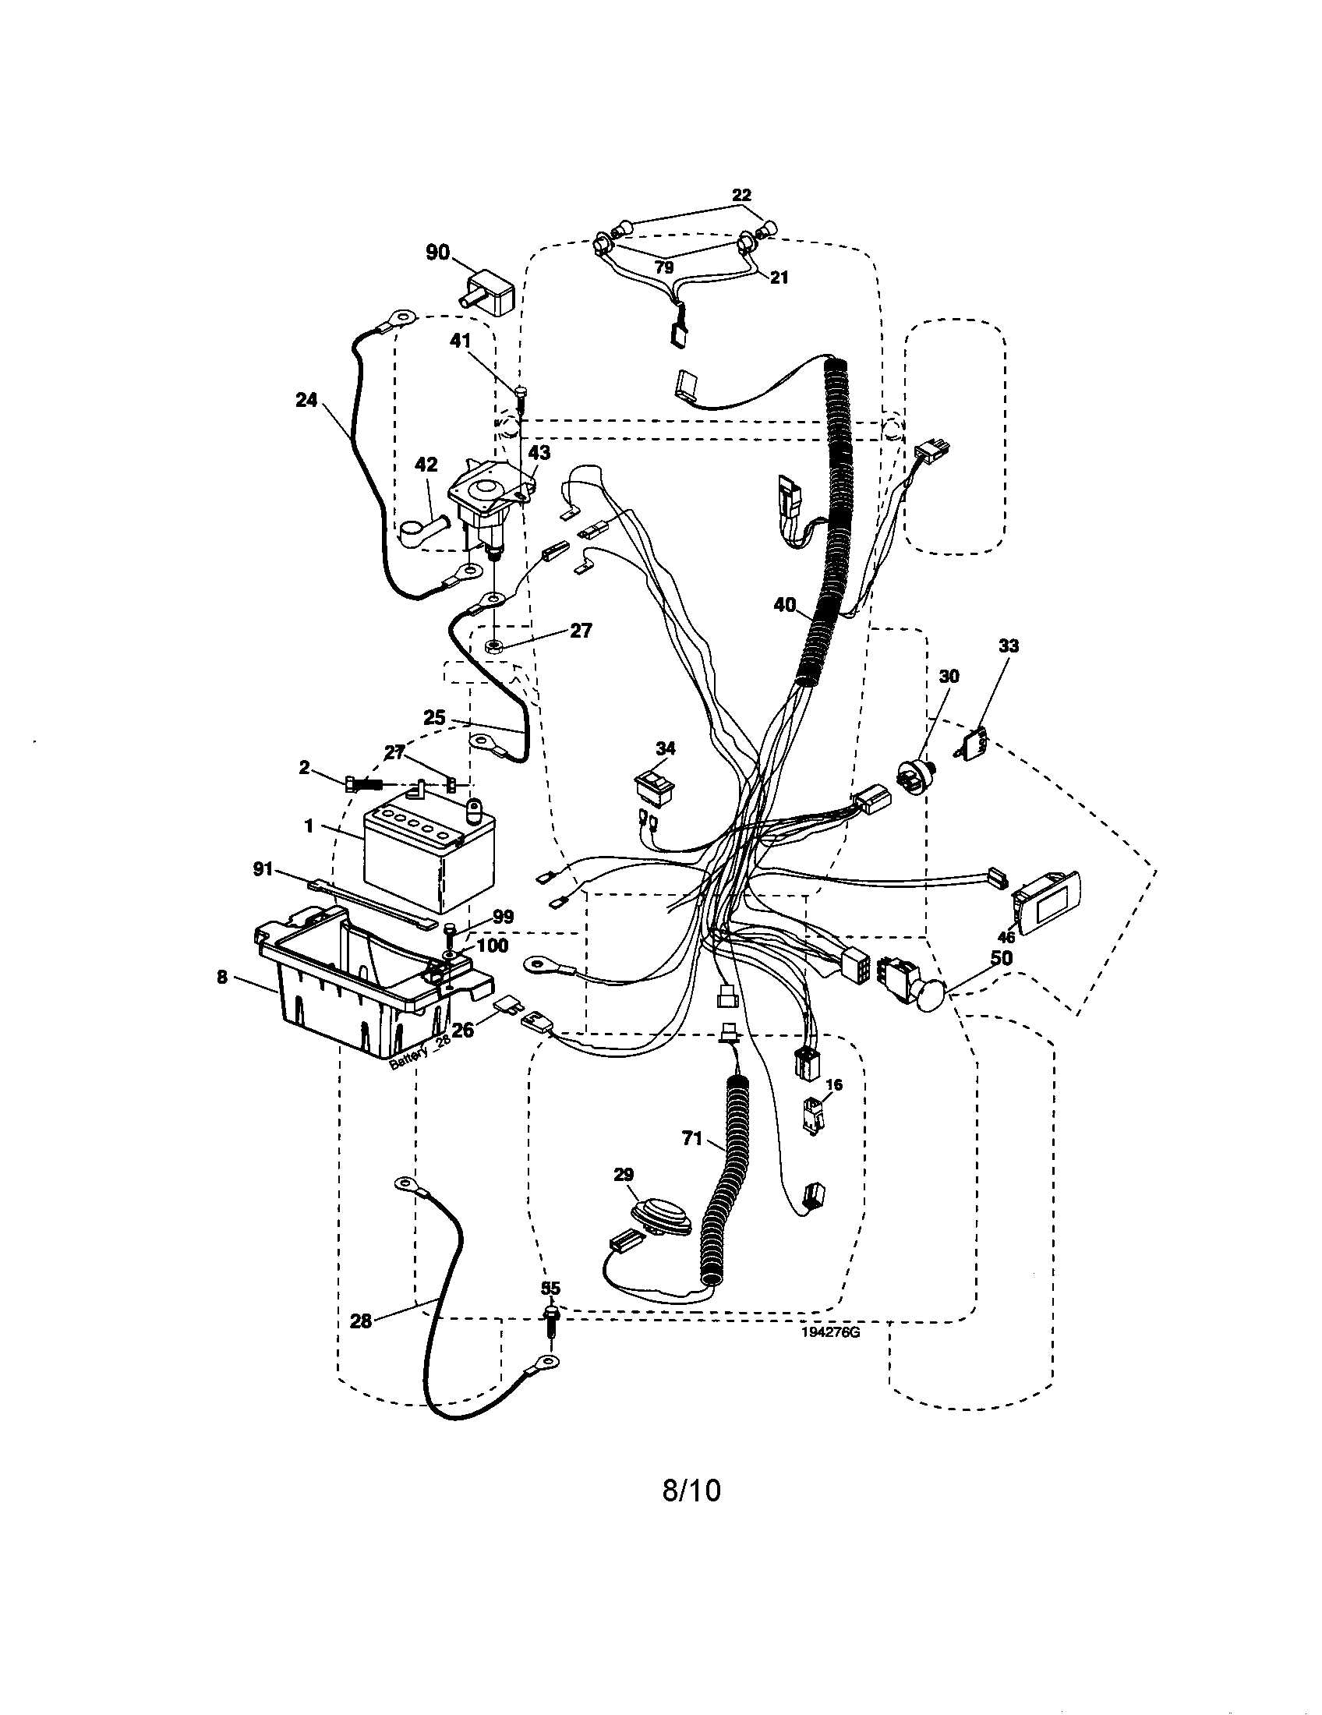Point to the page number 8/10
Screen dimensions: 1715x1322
coord(691,1490)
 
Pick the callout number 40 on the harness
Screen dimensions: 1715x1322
coord(785,605)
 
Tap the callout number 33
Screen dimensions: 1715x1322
coord(1009,645)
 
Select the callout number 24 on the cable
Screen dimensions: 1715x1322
coord(306,400)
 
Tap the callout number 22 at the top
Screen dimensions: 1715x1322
coord(741,195)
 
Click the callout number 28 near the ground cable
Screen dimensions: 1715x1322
coord(360,1321)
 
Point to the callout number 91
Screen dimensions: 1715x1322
coord(262,869)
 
